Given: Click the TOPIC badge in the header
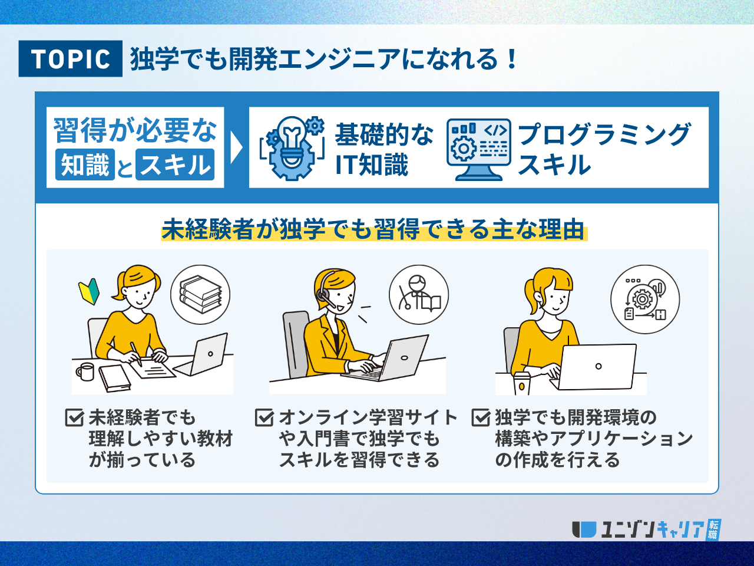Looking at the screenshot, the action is point(71,58).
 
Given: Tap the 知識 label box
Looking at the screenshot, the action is point(85,164).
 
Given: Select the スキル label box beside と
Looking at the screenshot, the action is point(175,164).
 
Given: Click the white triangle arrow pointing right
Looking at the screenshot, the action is point(236,147).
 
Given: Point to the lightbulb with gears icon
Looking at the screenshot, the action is point(292,148).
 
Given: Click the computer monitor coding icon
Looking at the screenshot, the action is point(479,150).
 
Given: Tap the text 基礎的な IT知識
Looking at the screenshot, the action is point(384,150).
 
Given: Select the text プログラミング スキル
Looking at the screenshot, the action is point(604,150).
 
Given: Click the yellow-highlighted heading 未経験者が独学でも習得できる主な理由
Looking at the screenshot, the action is point(373,229).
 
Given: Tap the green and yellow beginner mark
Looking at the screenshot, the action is point(89,291).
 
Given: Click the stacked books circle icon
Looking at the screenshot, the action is point(200,295).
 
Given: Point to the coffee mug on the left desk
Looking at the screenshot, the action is point(85,371).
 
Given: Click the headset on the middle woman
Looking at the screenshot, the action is point(325,291).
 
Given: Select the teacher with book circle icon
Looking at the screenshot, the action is point(419,295).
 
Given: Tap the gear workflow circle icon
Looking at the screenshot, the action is point(645,299).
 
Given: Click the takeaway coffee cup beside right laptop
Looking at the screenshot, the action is point(522,383).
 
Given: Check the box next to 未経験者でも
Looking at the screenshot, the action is point(74,417).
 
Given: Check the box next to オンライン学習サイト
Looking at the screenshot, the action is point(264,417).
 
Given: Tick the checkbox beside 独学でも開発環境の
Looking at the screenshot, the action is point(481,417).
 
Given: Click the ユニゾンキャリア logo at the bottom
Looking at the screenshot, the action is point(646,529).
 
